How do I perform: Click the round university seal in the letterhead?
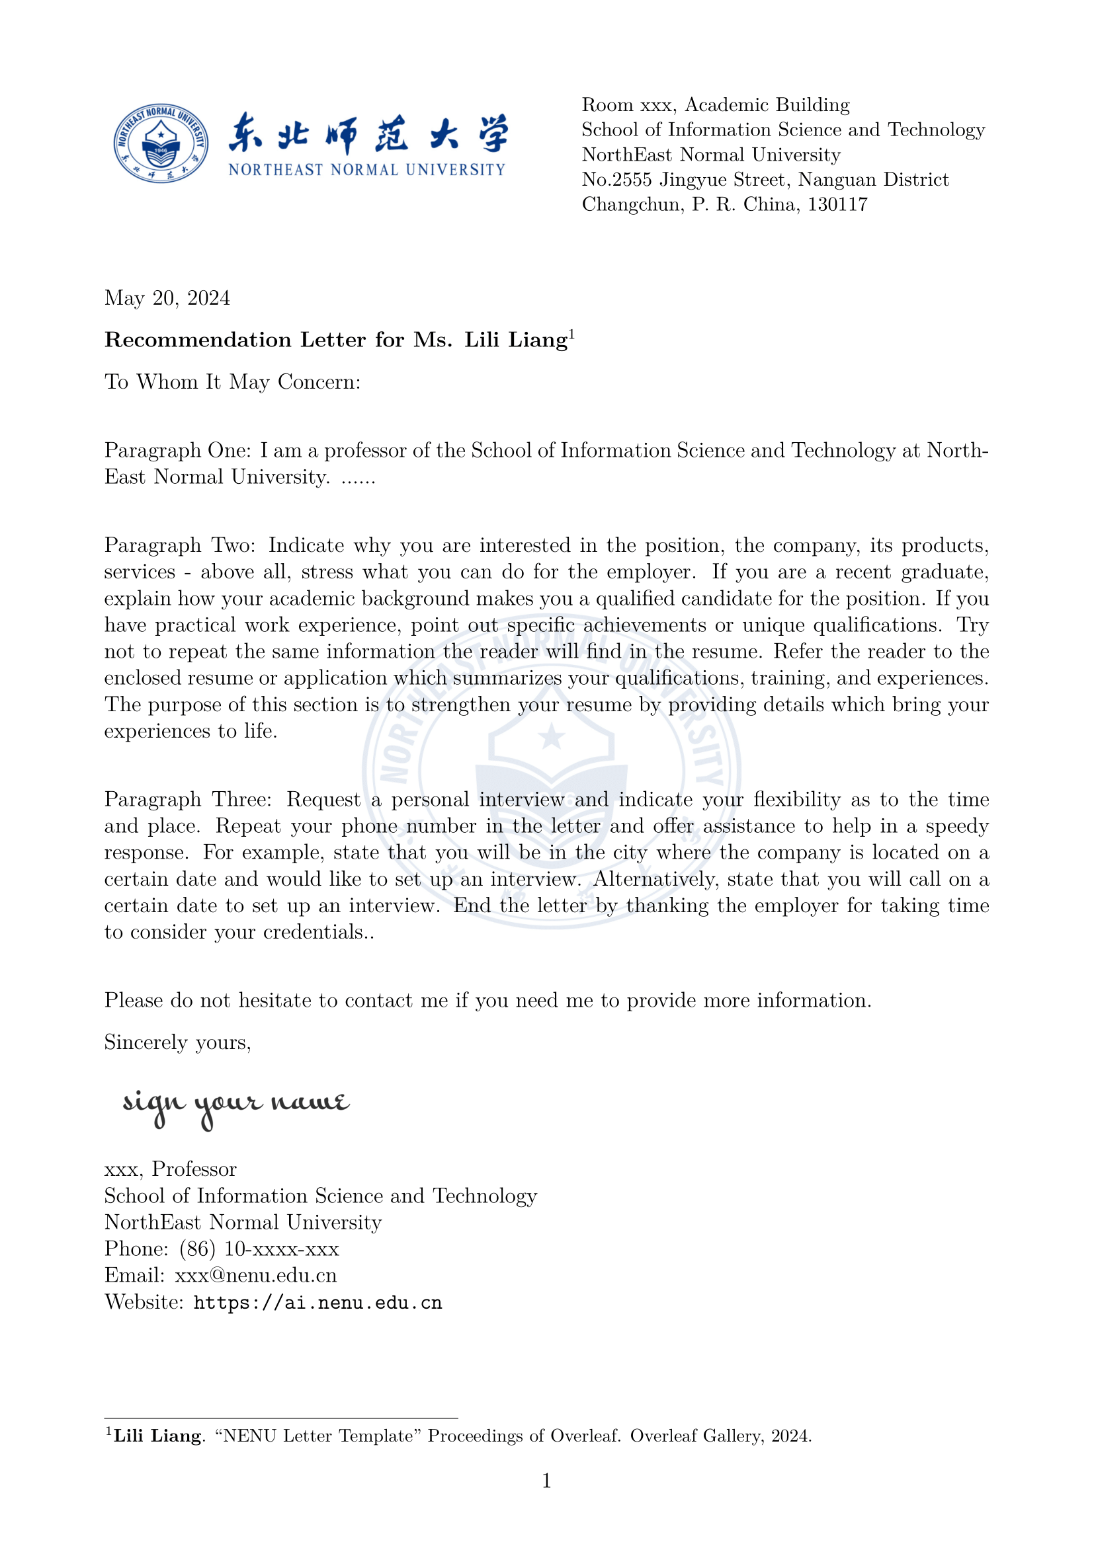pos(160,143)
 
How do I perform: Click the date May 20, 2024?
pos(167,298)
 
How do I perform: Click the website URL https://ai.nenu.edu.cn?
pos(317,1303)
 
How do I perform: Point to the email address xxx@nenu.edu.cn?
pos(255,1276)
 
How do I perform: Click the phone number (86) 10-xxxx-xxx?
pos(259,1249)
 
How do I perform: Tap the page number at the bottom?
pos(546,1481)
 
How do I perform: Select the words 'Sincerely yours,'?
pos(178,1042)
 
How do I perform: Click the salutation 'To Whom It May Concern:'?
pos(232,383)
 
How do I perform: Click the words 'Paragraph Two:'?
pos(179,545)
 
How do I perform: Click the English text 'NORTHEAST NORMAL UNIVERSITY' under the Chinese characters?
pos(366,171)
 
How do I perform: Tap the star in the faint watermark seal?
pos(552,735)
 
